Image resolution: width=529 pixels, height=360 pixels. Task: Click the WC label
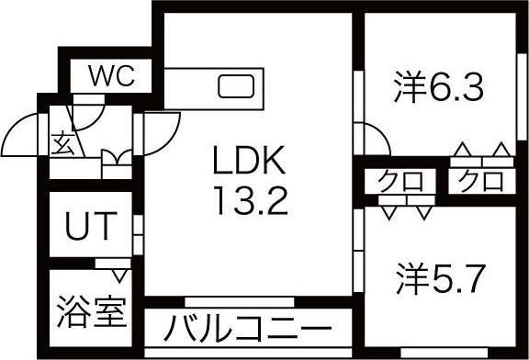[111, 75]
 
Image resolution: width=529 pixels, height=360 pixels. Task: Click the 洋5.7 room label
[440, 275]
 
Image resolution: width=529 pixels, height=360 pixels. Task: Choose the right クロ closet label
[481, 179]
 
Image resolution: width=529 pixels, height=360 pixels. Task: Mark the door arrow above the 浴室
[117, 272]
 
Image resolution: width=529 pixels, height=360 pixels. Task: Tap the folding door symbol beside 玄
[116, 165]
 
